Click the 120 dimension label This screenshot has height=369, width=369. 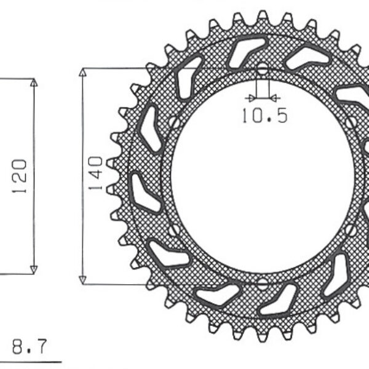tap(20, 177)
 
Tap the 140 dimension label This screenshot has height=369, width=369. tap(95, 173)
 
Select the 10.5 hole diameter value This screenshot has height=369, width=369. tap(264, 116)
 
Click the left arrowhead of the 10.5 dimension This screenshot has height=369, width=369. tap(250, 97)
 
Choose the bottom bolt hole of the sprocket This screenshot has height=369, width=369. tap(263, 284)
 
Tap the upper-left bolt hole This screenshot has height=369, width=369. tap(175, 122)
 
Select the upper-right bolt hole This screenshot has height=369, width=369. tap(351, 122)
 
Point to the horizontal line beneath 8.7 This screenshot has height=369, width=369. tap(31, 361)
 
